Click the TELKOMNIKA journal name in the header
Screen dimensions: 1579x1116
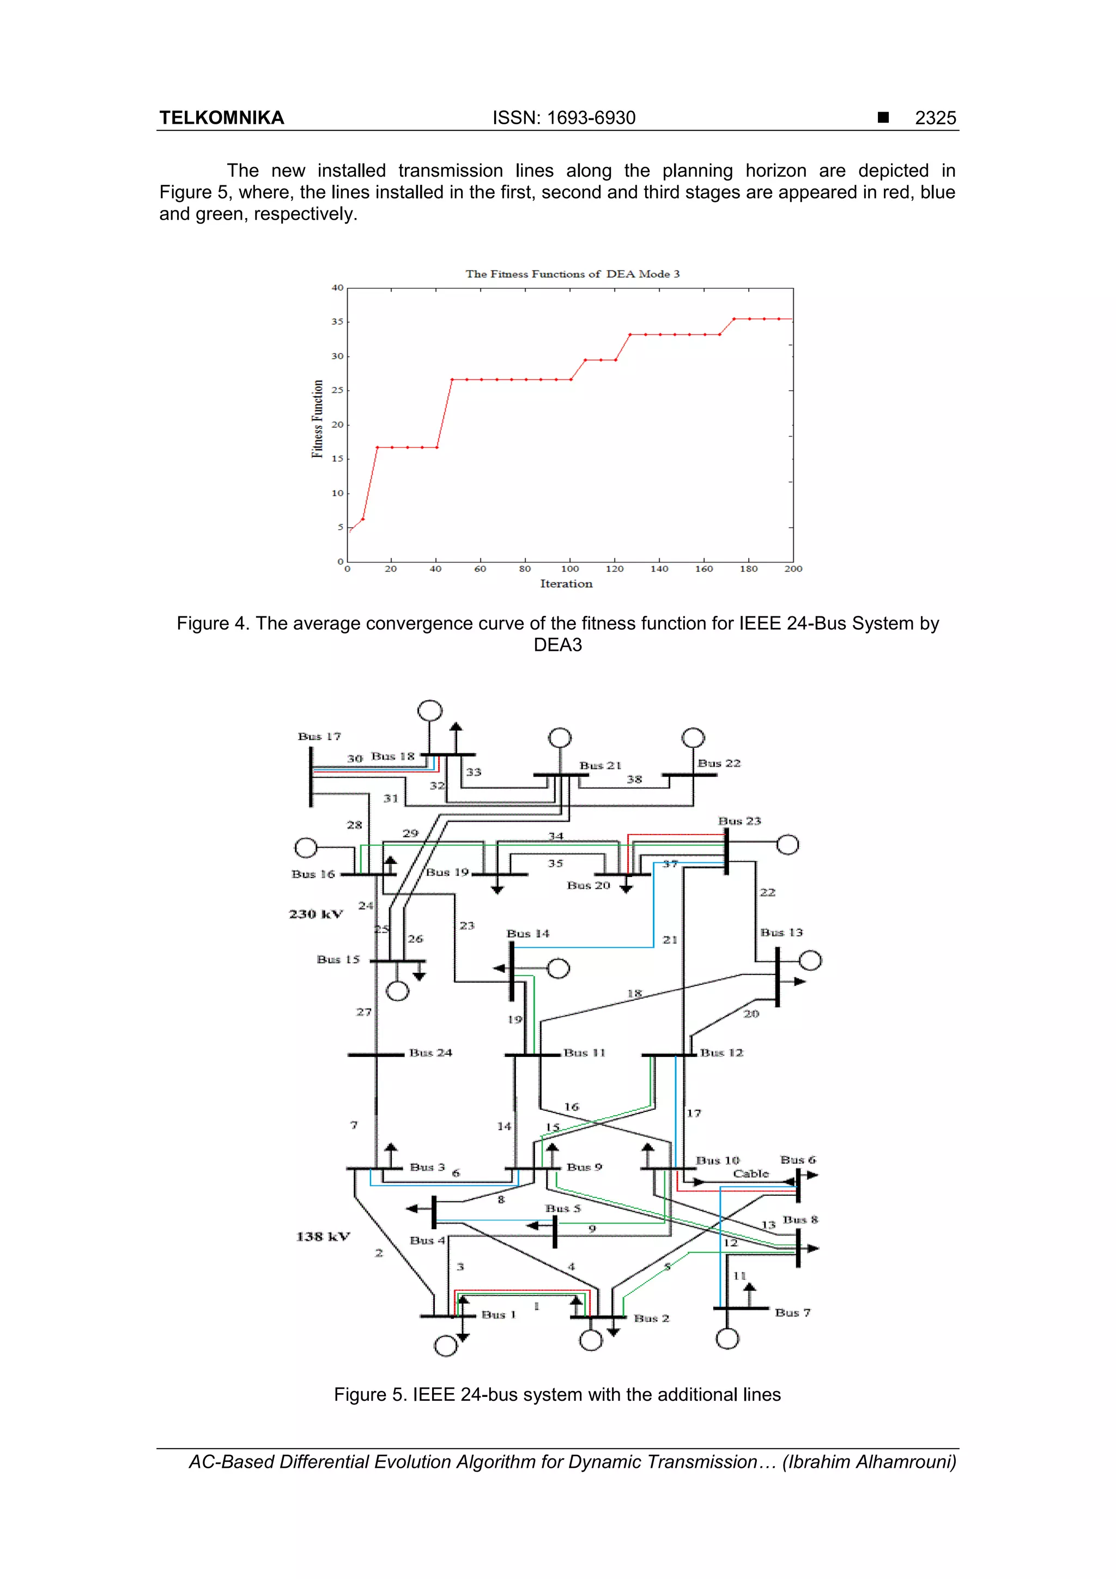click(x=221, y=118)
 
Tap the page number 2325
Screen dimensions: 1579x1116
click(x=935, y=118)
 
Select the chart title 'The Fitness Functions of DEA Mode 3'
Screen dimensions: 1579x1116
click(x=572, y=274)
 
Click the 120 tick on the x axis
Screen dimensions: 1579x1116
click(x=614, y=568)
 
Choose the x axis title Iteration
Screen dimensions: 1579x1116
click(x=566, y=584)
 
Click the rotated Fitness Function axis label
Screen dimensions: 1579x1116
click(x=317, y=418)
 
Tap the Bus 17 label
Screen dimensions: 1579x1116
click(x=319, y=736)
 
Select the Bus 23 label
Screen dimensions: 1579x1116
click(x=739, y=821)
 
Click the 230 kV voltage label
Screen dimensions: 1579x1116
click(x=316, y=914)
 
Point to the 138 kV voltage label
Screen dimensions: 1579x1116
click(x=323, y=1237)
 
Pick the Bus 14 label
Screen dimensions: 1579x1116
click(x=527, y=933)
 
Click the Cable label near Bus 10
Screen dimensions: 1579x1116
click(x=750, y=1174)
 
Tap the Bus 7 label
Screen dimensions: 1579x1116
click(x=792, y=1313)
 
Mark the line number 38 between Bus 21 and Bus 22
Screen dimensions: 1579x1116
click(x=634, y=779)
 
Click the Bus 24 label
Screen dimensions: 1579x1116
click(x=430, y=1053)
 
